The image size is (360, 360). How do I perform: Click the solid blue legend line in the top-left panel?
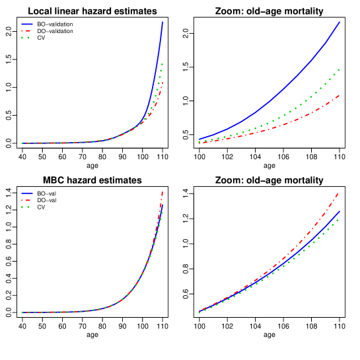[26, 24]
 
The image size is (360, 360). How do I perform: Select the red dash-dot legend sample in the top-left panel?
[26, 31]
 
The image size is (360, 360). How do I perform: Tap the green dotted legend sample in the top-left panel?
[26, 38]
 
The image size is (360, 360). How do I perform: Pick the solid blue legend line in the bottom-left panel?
[26, 193]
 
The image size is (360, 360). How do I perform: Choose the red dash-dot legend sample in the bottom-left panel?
[26, 199]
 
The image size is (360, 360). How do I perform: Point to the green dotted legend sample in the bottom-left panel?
[26, 207]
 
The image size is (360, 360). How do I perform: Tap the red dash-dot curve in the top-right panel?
[291, 122]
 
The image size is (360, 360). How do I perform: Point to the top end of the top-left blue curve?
[162, 22]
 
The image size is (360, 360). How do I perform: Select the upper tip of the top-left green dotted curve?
[162, 64]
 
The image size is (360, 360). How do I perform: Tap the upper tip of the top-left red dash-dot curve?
[162, 83]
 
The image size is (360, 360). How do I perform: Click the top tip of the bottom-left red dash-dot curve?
[162, 192]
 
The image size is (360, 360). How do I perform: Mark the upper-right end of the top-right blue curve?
[340, 22]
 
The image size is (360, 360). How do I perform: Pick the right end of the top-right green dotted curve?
[339, 69]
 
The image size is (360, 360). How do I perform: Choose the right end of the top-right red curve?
[340, 96]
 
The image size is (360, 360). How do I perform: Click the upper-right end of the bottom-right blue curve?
[339, 212]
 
